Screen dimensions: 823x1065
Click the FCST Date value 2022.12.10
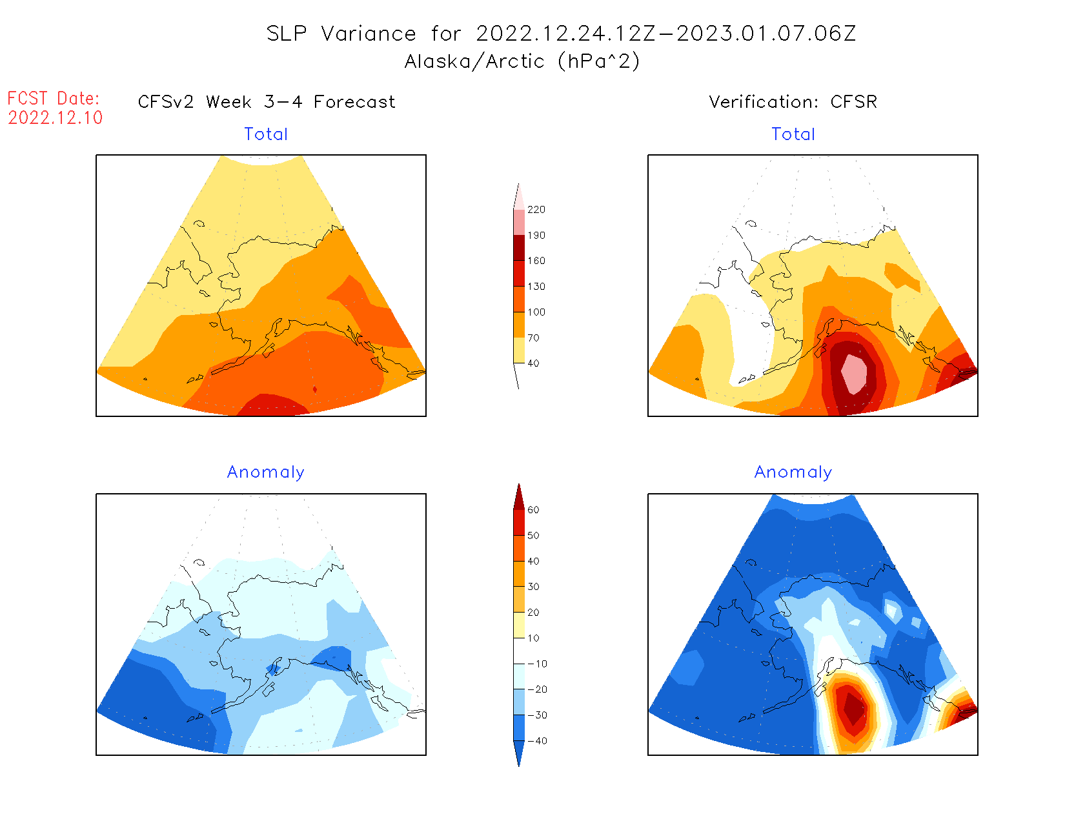click(56, 117)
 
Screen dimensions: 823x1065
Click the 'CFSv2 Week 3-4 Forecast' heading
click(267, 102)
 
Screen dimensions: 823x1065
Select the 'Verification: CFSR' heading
click(793, 102)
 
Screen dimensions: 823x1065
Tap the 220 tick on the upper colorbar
click(536, 210)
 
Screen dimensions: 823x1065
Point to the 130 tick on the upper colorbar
click(536, 287)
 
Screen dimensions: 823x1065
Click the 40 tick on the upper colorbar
click(533, 363)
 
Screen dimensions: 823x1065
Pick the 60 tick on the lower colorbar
click(533, 510)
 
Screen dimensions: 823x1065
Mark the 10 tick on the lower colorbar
click(533, 638)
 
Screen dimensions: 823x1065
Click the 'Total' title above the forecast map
click(266, 134)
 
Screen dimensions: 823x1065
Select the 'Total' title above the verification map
click(793, 134)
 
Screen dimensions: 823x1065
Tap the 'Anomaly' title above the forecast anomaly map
click(265, 472)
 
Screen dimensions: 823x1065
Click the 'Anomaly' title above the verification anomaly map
click(793, 472)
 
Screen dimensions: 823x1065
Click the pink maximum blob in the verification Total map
click(855, 373)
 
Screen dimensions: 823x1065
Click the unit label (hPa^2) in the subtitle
click(599, 61)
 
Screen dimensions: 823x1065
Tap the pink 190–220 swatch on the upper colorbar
click(519, 222)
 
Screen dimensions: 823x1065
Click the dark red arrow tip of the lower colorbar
click(519, 496)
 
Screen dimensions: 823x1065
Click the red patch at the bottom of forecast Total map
click(272, 405)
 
